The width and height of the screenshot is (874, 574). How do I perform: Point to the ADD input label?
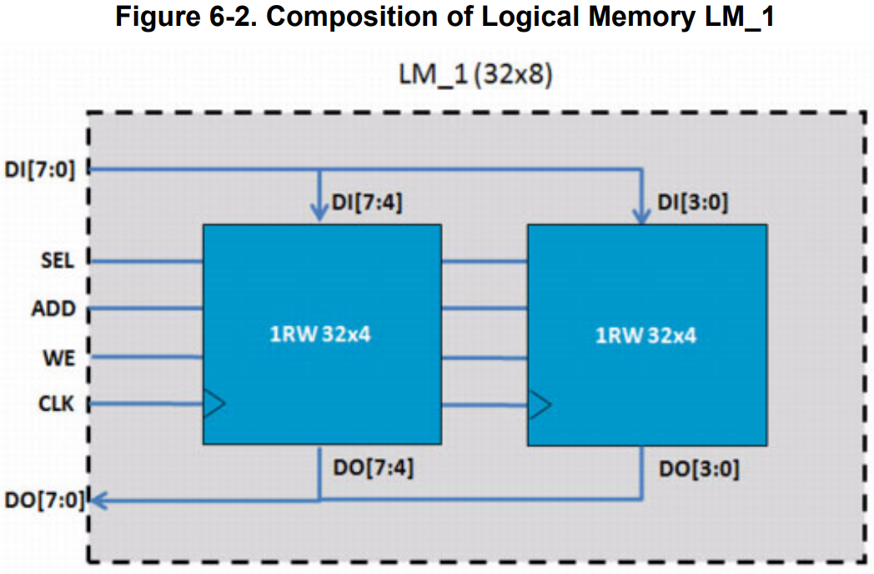click(54, 310)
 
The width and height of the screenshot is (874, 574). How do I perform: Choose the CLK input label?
click(56, 405)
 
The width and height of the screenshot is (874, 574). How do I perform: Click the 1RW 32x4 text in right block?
click(645, 335)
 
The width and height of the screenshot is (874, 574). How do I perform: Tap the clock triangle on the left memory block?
click(214, 405)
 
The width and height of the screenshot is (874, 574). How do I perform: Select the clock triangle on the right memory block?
click(539, 405)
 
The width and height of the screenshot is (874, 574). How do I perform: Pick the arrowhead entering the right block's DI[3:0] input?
click(642, 214)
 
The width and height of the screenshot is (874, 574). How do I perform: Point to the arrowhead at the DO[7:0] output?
click(98, 501)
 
